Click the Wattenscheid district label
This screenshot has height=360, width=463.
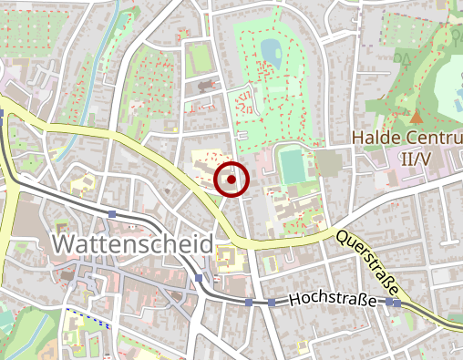133,244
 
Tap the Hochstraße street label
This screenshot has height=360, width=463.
333,300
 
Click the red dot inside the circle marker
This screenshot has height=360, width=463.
231,180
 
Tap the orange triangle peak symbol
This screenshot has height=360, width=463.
416,117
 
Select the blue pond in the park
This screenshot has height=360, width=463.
271,47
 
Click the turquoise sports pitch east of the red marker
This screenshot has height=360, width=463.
292,166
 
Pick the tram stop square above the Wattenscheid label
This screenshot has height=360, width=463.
111,214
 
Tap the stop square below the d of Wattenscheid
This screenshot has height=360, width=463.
199,278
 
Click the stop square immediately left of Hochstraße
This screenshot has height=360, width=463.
272,302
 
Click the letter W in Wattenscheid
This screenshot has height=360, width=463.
65,244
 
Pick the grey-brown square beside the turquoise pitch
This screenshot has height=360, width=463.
325,164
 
